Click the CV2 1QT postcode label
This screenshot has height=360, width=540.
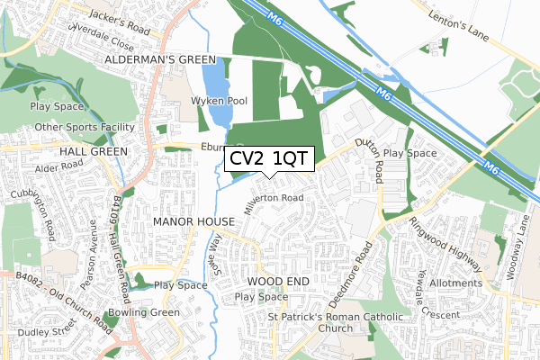[268, 159]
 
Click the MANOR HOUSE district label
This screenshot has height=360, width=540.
[193, 220]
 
